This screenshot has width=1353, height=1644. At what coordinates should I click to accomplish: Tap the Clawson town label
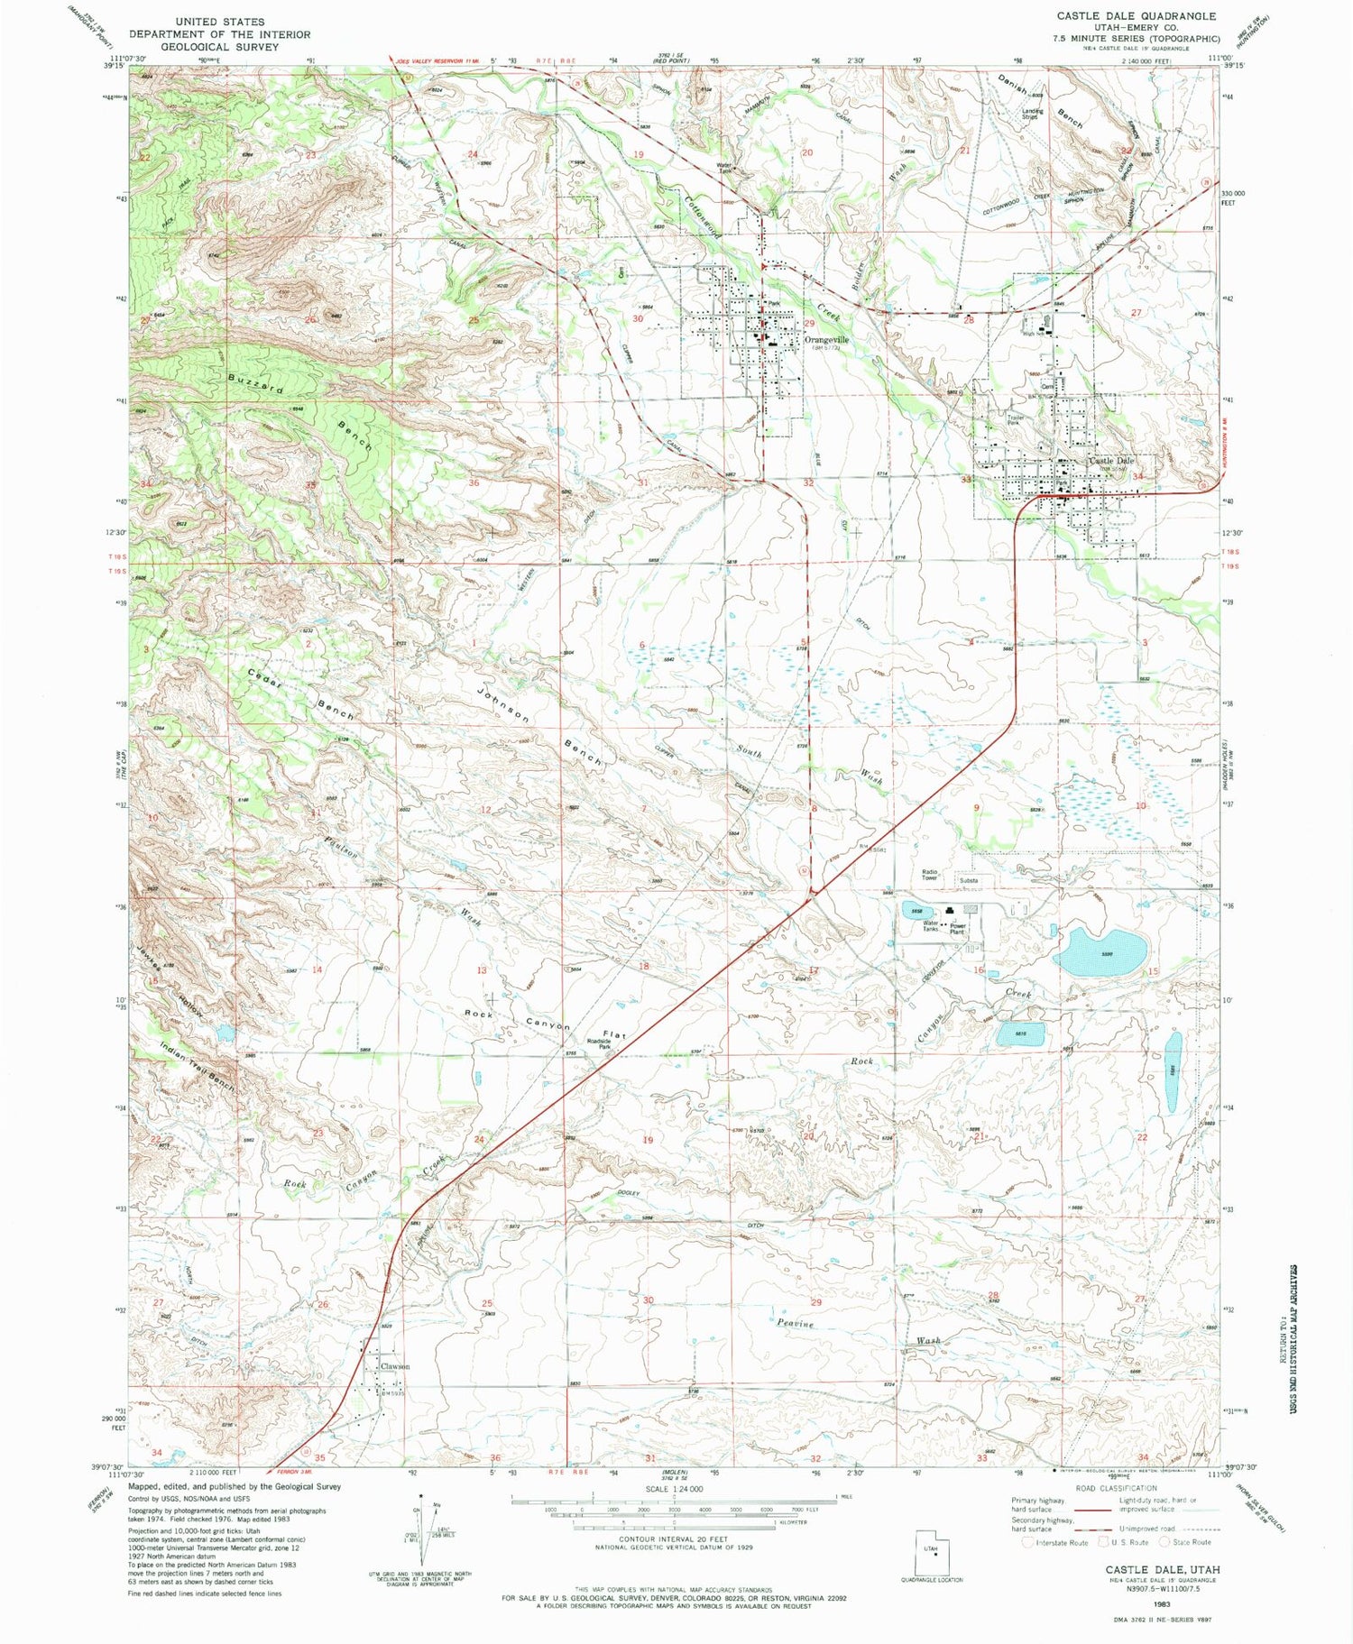(395, 1366)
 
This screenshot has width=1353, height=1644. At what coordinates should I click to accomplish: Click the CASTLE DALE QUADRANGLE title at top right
(1139, 16)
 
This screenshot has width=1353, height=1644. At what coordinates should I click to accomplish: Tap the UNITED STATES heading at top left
(220, 22)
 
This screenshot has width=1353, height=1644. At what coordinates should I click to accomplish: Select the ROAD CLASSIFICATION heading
(1115, 1488)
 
